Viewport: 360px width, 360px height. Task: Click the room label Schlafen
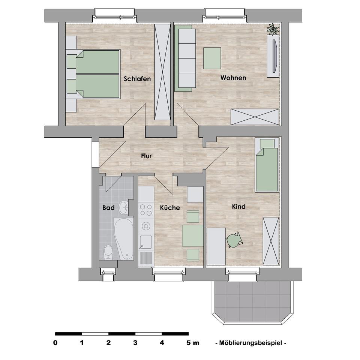click(x=137, y=79)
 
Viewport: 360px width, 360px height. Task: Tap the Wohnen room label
click(x=233, y=78)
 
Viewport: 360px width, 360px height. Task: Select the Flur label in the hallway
click(x=146, y=156)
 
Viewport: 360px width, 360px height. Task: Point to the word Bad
click(x=108, y=207)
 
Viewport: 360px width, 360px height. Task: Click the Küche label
click(x=170, y=207)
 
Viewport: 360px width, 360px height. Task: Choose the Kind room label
click(x=238, y=207)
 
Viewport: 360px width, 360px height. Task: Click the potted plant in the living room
click(x=273, y=29)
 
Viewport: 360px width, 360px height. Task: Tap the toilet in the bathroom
click(x=108, y=252)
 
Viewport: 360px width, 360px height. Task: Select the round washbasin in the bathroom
click(x=123, y=207)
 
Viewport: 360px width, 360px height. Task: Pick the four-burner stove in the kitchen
click(x=145, y=210)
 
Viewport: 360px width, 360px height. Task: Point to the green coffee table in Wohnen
click(x=212, y=58)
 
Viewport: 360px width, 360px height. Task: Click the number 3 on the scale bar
click(x=135, y=342)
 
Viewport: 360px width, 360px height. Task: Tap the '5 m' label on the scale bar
click(x=193, y=342)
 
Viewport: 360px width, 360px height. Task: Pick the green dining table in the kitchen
click(x=193, y=235)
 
